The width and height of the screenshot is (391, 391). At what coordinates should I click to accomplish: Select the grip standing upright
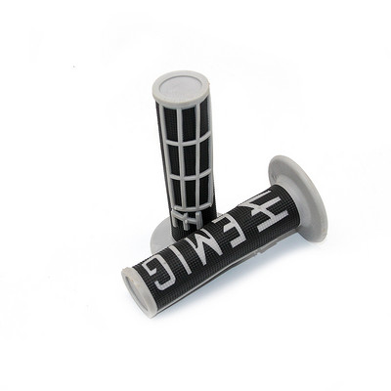click(182, 156)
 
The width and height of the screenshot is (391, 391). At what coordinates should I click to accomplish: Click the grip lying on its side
click(215, 235)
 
